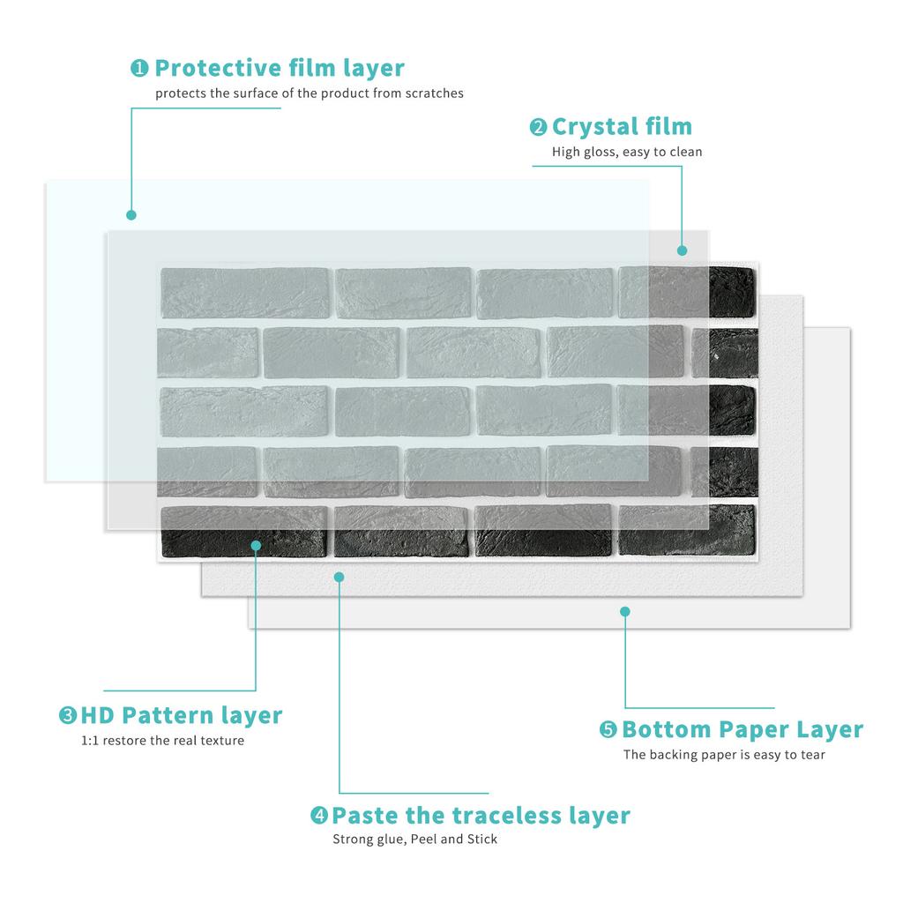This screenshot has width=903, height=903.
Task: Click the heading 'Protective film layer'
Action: click(x=280, y=68)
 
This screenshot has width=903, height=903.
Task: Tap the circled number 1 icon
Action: click(x=139, y=68)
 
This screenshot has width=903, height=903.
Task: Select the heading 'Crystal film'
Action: click(x=622, y=127)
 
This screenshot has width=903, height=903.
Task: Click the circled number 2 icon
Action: click(x=538, y=128)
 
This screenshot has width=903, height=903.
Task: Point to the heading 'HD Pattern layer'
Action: click(x=182, y=715)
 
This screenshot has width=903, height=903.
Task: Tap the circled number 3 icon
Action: click(x=68, y=715)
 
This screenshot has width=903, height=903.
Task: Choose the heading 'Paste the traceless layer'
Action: click(x=481, y=816)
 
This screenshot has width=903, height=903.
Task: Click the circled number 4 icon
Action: click(x=319, y=816)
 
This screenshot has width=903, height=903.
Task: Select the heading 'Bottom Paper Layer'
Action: click(x=743, y=730)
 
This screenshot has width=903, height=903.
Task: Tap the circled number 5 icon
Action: click(x=608, y=730)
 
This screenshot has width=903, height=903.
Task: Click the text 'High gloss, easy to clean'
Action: click(x=627, y=152)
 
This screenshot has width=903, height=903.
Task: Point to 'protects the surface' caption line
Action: click(x=310, y=93)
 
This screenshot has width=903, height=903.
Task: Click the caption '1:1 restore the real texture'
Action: click(x=162, y=741)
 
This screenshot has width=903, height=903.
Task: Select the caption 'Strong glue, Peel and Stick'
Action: click(x=414, y=840)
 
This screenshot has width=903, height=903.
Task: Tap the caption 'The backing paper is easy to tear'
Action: click(x=724, y=755)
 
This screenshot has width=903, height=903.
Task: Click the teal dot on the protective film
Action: click(x=131, y=214)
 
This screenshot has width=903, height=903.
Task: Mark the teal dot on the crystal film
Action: click(x=683, y=250)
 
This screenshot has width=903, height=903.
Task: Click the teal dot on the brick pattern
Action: click(x=256, y=545)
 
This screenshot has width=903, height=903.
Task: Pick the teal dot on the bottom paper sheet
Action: click(x=625, y=611)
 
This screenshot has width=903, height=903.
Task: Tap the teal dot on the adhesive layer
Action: click(x=340, y=577)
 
